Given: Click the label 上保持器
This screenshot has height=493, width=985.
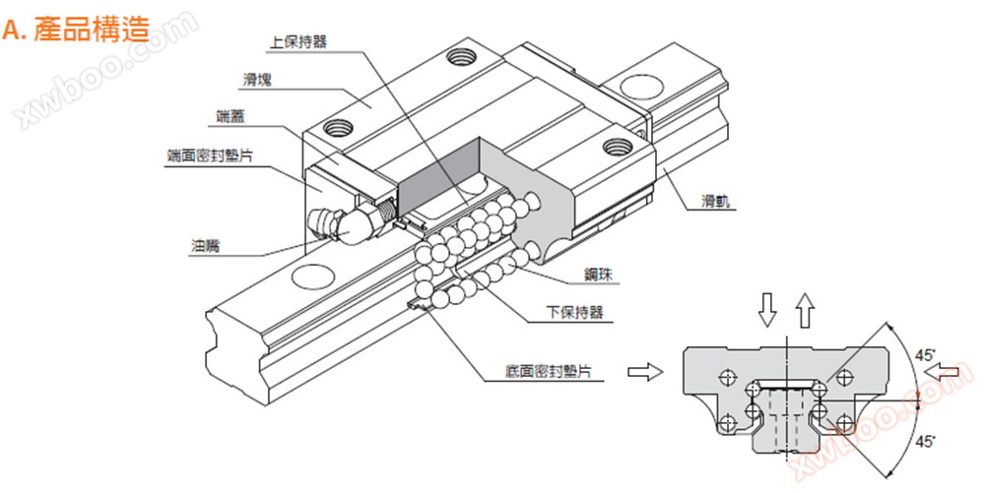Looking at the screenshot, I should tap(298, 42).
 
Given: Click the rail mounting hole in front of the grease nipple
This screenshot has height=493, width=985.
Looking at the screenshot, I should tap(312, 277).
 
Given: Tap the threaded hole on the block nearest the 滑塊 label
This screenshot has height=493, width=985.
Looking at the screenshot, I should tap(338, 127).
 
